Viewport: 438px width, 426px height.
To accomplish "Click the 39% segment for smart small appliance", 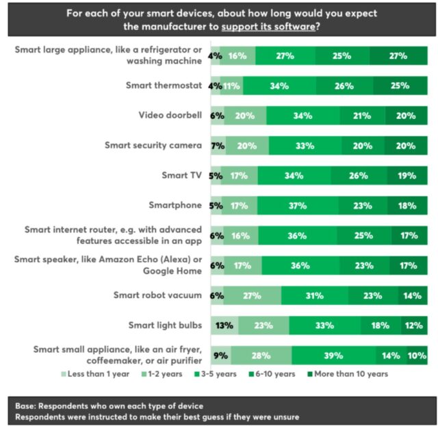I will pos(334,355).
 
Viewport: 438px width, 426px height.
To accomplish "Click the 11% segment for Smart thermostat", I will pos(233,86).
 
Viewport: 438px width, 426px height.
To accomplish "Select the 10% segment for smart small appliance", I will pos(417,355).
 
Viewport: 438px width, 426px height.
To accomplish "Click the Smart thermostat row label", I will pos(164,85).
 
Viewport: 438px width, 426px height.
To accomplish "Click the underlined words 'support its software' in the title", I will pos(267,27).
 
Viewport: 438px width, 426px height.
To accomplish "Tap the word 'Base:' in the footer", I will pos(26,406).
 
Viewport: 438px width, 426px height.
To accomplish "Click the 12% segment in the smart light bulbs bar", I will pos(413,325).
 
